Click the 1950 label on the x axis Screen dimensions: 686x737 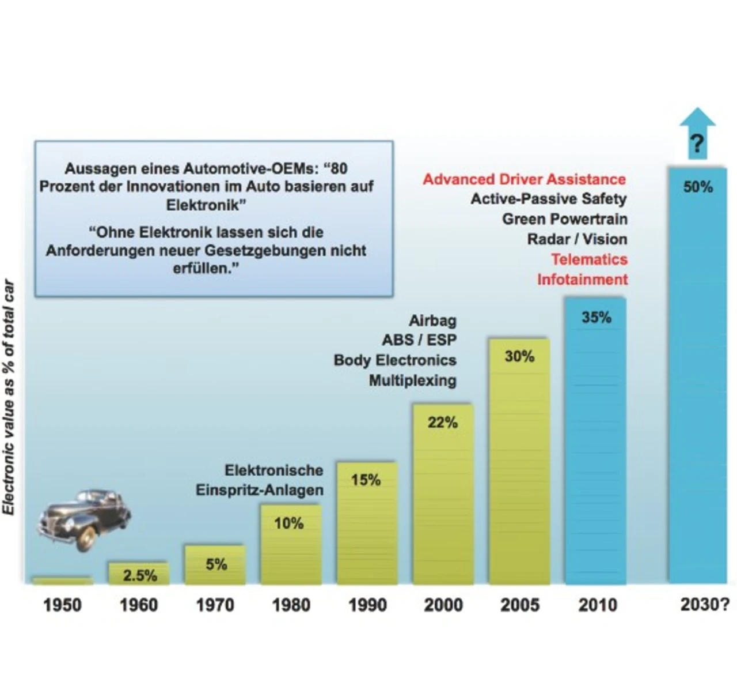pyautogui.click(x=62, y=605)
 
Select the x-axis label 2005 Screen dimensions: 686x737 pyautogui.click(x=520, y=605)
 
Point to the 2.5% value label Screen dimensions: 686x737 pyautogui.click(x=140, y=575)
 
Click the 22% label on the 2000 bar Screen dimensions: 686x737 pyautogui.click(x=443, y=423)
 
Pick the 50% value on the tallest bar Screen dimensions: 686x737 pyautogui.click(x=698, y=187)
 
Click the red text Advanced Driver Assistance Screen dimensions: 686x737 pyautogui.click(x=524, y=179)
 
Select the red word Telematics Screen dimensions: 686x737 pyautogui.click(x=589, y=259)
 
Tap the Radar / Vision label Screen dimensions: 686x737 pyautogui.click(x=577, y=239)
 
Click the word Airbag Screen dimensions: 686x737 pyautogui.click(x=432, y=321)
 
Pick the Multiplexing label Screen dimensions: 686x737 pyautogui.click(x=412, y=380)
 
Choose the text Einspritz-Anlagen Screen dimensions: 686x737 pyautogui.click(x=259, y=490)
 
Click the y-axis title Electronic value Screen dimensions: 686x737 pyautogui.click(x=9, y=398)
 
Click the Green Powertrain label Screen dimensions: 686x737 pyautogui.click(x=564, y=219)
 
